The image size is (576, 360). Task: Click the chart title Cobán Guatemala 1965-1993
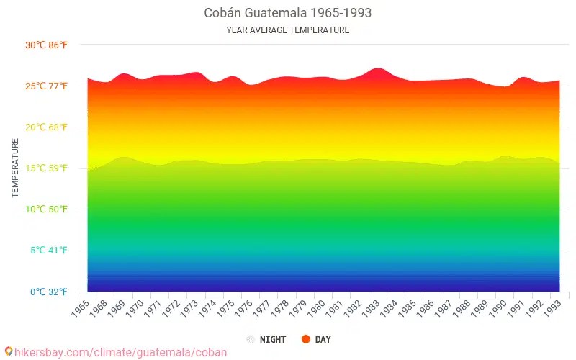[x=288, y=13]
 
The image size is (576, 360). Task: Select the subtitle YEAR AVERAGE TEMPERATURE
[x=288, y=30]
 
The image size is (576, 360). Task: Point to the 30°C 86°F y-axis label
[x=47, y=45]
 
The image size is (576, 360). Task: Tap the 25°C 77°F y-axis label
[x=47, y=86]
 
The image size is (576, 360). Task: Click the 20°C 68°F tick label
[x=47, y=127]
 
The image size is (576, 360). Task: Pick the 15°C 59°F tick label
[x=47, y=168]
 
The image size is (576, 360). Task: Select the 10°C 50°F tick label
[x=47, y=210]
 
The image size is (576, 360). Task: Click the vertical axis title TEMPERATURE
[x=15, y=168]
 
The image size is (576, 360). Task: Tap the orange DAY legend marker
[x=306, y=339]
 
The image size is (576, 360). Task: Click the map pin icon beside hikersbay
[x=8, y=351]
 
